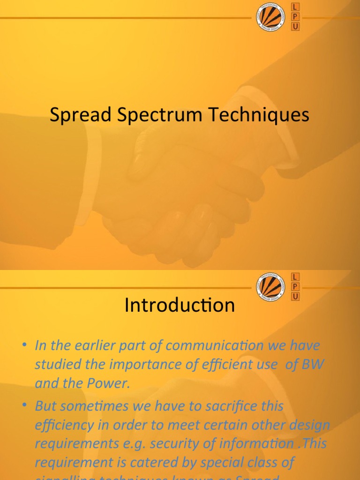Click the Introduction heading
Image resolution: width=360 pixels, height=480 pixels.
[x=180, y=306]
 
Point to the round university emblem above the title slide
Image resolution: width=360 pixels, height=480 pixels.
[x=270, y=16]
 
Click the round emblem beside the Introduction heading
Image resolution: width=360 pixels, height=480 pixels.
[x=270, y=286]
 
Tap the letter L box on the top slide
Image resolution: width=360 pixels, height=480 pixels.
[x=295, y=7]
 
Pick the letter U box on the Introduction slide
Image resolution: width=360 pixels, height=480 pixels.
[x=295, y=296]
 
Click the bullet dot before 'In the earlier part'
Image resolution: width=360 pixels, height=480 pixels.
[x=24, y=346]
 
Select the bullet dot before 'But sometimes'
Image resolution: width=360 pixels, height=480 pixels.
[x=24, y=406]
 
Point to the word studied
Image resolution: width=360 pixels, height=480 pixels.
[x=54, y=365]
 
